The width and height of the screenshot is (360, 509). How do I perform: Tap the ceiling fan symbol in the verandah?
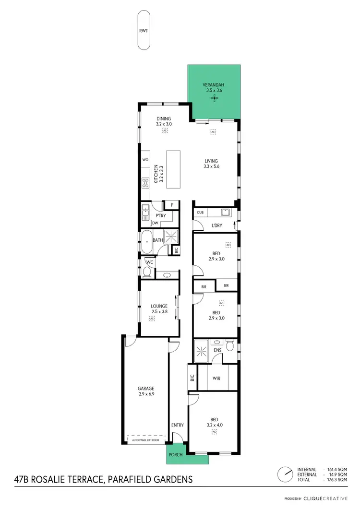click(214, 98)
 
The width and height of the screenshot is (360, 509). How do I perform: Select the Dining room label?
click(164, 118)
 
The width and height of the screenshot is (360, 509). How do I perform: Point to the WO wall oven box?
click(145, 160)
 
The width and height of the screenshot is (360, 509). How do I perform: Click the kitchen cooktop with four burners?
click(145, 182)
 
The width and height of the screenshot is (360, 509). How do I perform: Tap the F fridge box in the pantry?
click(171, 205)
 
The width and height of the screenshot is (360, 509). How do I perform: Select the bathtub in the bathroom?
click(145, 240)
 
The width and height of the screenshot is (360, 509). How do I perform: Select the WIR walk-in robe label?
click(216, 378)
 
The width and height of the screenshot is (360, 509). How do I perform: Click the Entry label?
click(177, 425)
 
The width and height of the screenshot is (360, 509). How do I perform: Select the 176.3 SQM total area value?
click(337, 479)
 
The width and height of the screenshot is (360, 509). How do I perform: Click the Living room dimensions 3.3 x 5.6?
click(211, 167)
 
